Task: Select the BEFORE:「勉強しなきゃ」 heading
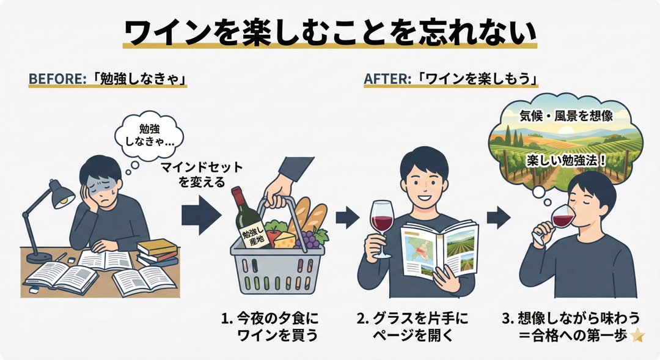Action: (107, 79)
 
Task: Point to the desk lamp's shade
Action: (62, 194)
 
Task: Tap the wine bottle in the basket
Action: (246, 223)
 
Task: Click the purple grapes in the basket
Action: (310, 240)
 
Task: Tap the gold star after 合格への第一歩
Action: (638, 335)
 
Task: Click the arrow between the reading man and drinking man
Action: (499, 215)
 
